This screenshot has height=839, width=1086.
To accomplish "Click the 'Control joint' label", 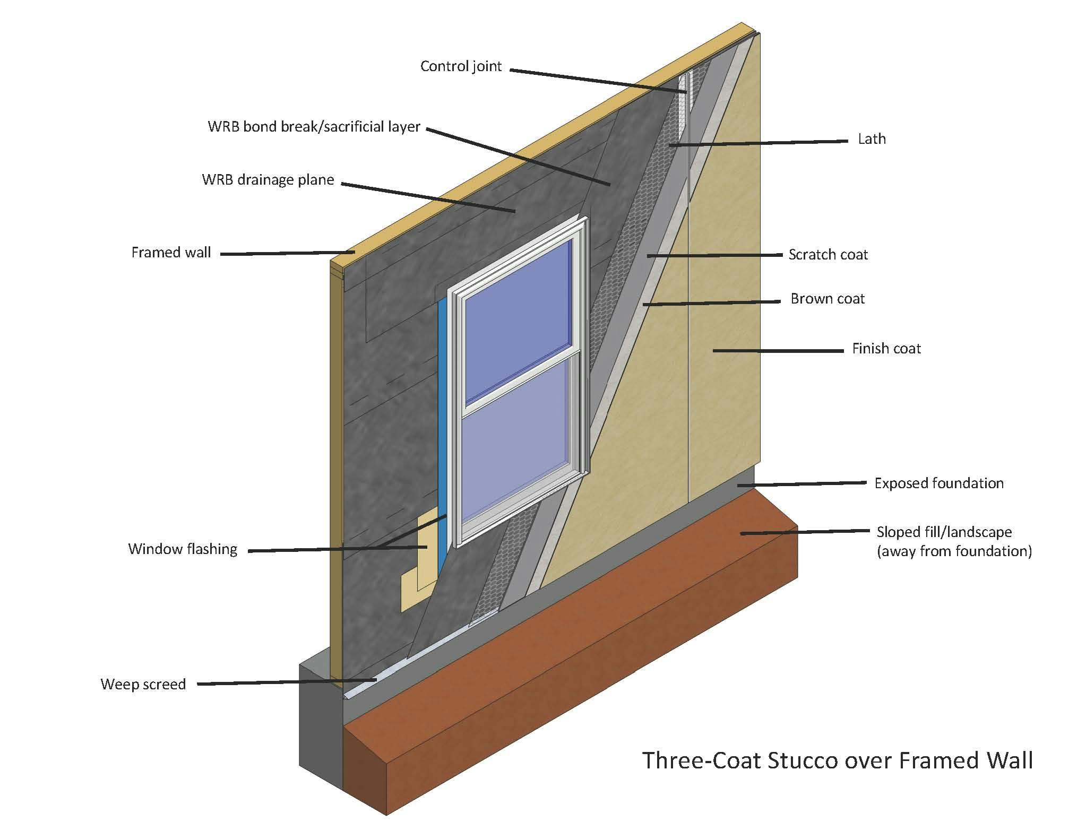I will (461, 66).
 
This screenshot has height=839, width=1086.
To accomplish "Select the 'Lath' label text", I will (872, 139).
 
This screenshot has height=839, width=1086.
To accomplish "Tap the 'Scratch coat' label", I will (828, 255).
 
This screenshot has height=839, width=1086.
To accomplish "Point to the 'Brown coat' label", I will (827, 299).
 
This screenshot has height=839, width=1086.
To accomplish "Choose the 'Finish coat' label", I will (886, 349).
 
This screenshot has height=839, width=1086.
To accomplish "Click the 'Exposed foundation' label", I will (938, 483).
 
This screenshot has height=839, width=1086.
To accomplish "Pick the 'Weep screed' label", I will (143, 684).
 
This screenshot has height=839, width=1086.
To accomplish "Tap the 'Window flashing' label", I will (183, 549).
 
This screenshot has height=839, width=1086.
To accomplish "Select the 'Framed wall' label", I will (171, 252).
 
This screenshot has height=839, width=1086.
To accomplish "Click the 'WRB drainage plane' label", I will (268, 180).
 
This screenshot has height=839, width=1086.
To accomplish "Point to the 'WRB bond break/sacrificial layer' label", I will (314, 127).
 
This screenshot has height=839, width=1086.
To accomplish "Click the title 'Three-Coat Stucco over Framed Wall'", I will (837, 760).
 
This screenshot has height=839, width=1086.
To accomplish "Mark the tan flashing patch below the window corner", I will (419, 573).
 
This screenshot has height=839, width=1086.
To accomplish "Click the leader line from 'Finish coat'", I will (778, 350).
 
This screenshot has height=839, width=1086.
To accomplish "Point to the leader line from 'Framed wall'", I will (287, 253).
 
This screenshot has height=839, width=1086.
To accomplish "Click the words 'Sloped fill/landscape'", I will (944, 532).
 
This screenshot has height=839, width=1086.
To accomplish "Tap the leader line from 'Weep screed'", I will (287, 682).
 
